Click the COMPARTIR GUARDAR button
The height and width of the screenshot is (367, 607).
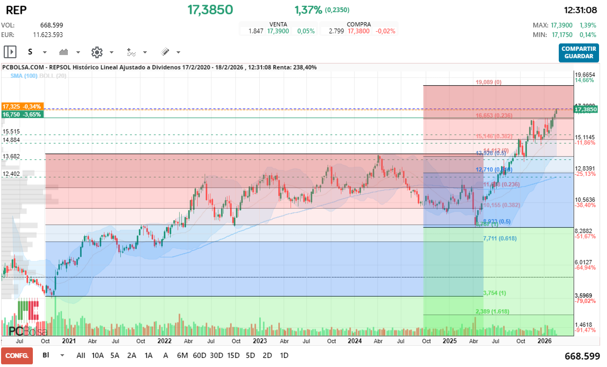click(x=578, y=52)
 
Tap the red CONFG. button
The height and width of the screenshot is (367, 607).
click(x=17, y=355)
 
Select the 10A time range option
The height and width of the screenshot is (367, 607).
click(x=98, y=355)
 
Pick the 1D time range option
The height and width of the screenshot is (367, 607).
click(x=284, y=355)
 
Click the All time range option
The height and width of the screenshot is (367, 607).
click(x=81, y=355)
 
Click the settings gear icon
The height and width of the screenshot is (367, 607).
click(x=96, y=52)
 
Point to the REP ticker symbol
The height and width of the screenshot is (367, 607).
click(x=16, y=10)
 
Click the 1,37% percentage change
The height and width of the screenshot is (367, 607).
click(x=308, y=10)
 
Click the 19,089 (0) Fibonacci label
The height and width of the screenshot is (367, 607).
click(x=488, y=82)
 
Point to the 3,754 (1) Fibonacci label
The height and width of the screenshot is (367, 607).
click(x=494, y=293)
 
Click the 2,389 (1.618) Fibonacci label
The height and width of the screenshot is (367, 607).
click(x=492, y=311)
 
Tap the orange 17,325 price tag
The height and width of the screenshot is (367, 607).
click(x=22, y=106)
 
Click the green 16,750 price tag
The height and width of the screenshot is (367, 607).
click(x=22, y=114)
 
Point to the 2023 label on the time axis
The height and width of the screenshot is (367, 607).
click(x=259, y=342)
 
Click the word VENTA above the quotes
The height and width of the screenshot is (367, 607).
click(x=278, y=24)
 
